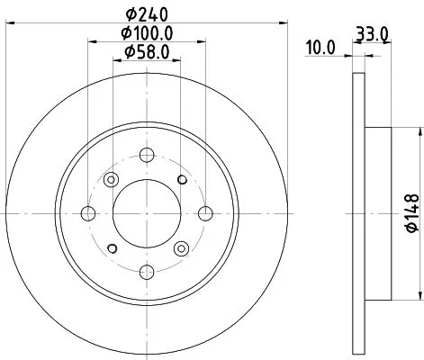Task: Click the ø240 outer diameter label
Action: (x=149, y=13)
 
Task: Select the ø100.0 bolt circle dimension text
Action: (x=149, y=34)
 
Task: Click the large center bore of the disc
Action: (x=147, y=213)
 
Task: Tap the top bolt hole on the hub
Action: (x=147, y=155)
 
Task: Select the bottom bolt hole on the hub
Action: (x=147, y=272)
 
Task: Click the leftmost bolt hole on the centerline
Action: (x=88, y=213)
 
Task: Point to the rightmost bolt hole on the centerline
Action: (x=205, y=213)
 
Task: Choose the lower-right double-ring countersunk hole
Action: (x=181, y=247)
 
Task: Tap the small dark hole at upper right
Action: (x=182, y=181)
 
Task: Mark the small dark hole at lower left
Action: (x=113, y=247)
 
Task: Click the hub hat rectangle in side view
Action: (x=378, y=213)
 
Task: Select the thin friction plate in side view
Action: (x=358, y=213)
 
